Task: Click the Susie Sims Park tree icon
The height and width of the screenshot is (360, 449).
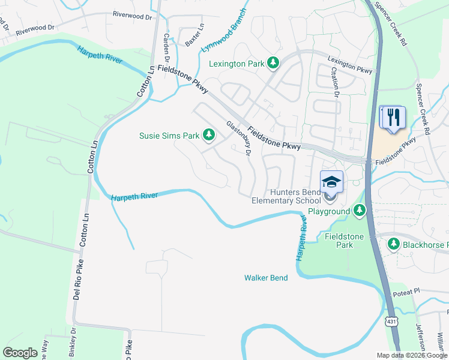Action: [209, 136]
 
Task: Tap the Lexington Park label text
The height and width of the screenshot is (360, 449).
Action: [236, 63]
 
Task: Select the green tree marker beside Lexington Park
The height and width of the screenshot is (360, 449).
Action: [273, 62]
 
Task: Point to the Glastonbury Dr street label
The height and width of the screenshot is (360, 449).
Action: [238, 137]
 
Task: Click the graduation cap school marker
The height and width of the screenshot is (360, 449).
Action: [331, 180]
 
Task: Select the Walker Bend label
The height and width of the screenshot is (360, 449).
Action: [266, 278]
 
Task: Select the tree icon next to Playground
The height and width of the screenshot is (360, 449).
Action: [359, 211]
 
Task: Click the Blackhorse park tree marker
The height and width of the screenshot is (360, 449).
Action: [393, 244]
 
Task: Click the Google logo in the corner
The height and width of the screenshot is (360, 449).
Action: [20, 353]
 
